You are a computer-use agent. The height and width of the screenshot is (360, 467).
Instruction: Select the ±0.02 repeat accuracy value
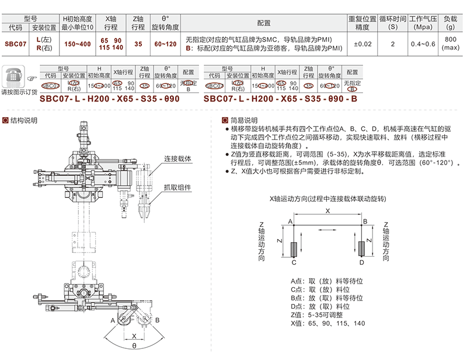(363, 44)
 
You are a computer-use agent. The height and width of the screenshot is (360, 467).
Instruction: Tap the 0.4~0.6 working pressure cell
(422, 44)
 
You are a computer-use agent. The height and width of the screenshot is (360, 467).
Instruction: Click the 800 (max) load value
(450, 44)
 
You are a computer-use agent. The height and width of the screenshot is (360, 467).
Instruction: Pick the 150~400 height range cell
(77, 44)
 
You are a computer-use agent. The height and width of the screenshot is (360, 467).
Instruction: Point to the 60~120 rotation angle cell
(165, 44)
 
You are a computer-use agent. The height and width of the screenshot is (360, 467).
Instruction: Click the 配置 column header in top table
(264, 23)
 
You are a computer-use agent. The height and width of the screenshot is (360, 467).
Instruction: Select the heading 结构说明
(24, 121)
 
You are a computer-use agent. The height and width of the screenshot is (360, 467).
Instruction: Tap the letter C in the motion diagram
(294, 263)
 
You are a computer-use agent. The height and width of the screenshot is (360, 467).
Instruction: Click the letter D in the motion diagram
(362, 263)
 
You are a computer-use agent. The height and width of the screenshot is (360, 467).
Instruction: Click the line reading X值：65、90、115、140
(327, 323)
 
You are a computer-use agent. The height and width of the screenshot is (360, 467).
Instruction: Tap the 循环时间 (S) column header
(392, 23)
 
